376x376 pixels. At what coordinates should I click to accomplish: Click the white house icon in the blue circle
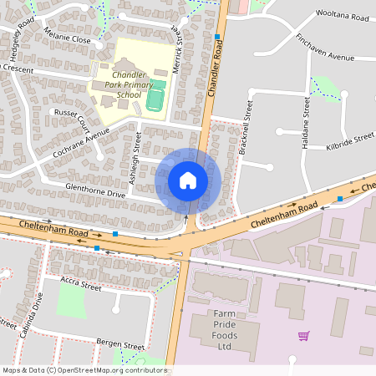(x=188, y=180)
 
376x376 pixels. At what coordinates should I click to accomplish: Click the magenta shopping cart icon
(x=304, y=336)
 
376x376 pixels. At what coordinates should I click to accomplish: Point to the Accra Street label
(x=80, y=286)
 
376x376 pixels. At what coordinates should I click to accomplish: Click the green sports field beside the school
(x=155, y=99)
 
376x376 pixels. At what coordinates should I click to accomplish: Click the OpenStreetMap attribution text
(x=84, y=369)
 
